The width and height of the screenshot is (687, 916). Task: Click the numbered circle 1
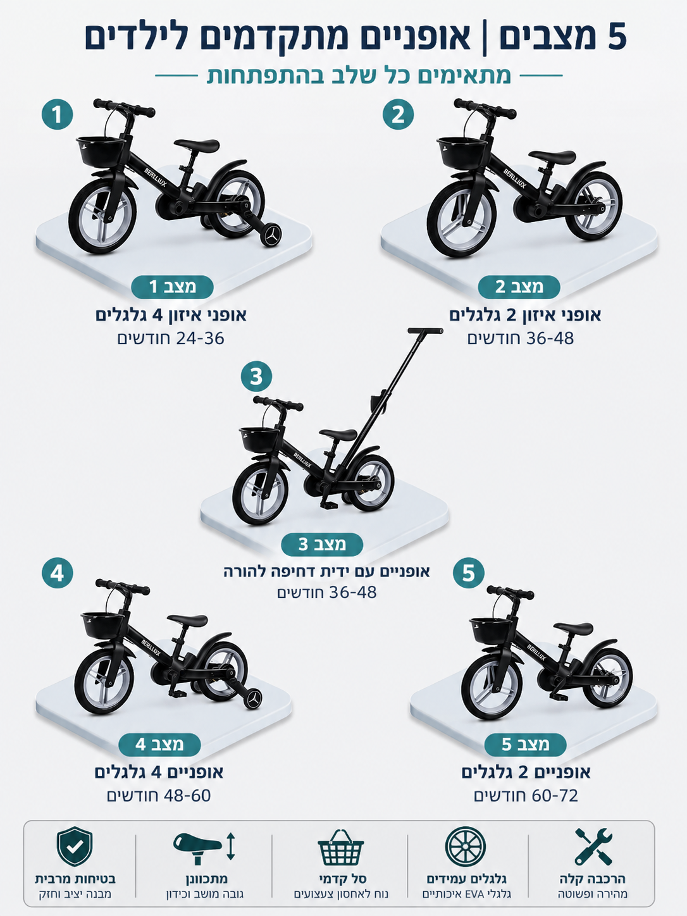point(57,114)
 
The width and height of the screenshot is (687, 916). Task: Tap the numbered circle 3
point(256,376)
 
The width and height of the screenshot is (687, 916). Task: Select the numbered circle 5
point(468,572)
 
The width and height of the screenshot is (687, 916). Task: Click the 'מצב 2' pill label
point(519,287)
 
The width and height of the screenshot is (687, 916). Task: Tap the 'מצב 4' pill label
point(159,745)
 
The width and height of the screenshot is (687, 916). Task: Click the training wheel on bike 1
point(271,235)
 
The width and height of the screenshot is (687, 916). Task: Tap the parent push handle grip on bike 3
point(425,330)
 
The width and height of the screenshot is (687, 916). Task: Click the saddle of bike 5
point(573,628)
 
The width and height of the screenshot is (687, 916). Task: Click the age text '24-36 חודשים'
point(171,338)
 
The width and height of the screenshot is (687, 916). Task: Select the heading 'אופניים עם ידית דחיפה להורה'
point(326,571)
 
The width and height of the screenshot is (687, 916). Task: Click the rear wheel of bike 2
point(595,206)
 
